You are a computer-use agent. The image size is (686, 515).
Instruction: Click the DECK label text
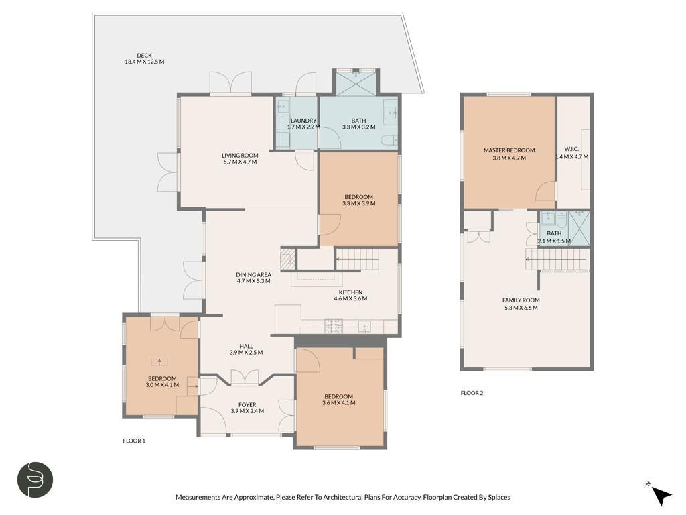tap(145, 56)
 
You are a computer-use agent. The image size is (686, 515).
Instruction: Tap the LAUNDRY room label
tap(303, 121)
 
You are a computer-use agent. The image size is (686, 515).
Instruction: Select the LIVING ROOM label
tap(240, 155)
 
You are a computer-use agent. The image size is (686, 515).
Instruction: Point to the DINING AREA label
tap(253, 274)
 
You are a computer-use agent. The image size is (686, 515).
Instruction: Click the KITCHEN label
tap(350, 292)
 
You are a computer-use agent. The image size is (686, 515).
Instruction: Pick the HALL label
tap(246, 346)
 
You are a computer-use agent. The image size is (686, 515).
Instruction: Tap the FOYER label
tap(247, 404)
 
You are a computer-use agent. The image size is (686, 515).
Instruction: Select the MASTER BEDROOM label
tap(509, 150)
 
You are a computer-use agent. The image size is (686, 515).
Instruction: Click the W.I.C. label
tap(571, 150)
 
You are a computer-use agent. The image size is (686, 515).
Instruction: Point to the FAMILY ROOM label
tap(521, 300)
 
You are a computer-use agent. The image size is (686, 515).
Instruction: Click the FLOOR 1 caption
tap(134, 441)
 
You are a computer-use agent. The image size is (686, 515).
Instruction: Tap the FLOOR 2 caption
tap(472, 393)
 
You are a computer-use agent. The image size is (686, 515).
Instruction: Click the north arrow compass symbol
tap(661, 496)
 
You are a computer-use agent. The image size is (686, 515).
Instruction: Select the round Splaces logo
tap(36, 479)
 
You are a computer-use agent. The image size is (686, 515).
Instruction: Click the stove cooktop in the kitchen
tap(334, 327)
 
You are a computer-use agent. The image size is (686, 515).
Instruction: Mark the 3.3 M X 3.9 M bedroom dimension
tap(359, 203)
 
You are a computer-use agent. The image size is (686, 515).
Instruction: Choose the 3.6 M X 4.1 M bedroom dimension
tap(338, 403)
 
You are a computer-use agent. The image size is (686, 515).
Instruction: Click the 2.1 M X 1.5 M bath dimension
tap(554, 241)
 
